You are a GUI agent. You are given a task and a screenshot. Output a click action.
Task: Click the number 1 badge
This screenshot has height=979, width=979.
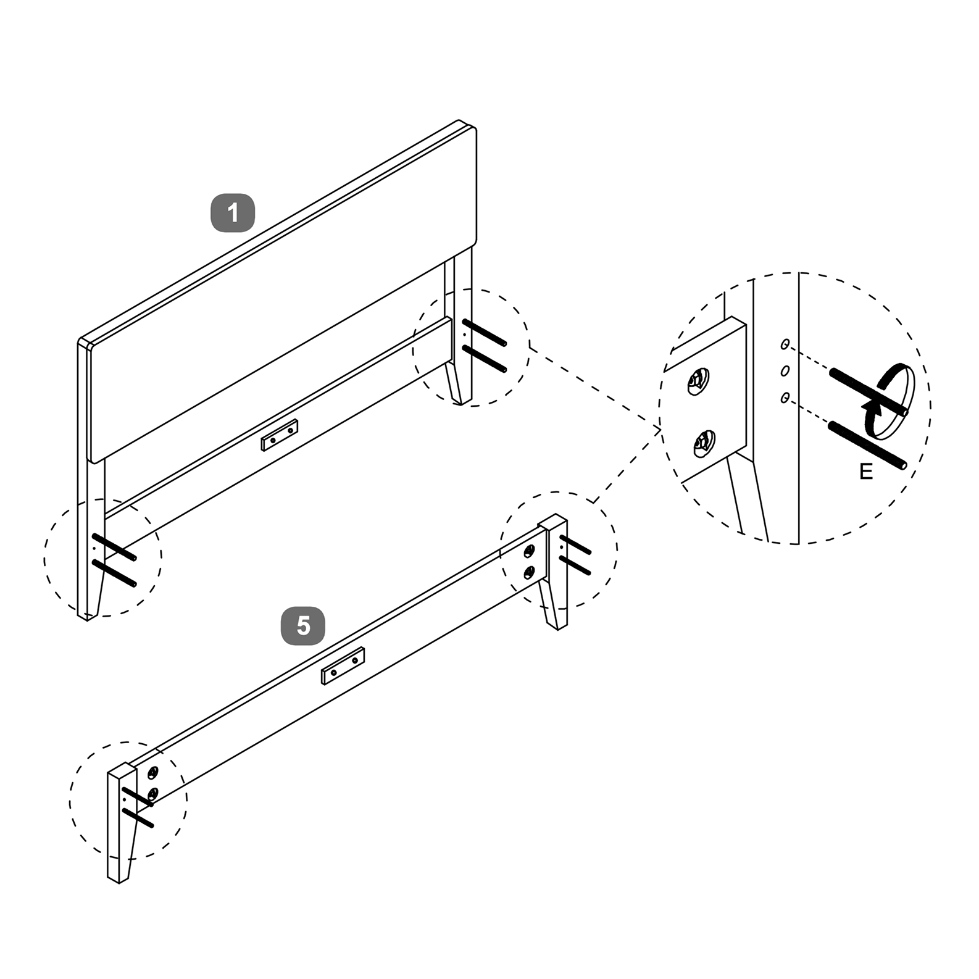(x=233, y=214)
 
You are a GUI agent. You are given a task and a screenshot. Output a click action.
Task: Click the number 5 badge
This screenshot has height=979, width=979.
(x=303, y=626)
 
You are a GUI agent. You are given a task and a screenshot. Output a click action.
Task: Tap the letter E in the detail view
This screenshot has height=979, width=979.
(x=866, y=472)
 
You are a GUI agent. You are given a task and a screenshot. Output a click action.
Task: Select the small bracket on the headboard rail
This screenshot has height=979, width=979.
(x=280, y=435)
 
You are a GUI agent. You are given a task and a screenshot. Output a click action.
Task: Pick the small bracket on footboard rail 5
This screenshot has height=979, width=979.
(x=343, y=666)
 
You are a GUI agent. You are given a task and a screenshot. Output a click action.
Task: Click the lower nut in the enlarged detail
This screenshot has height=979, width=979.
(x=703, y=444)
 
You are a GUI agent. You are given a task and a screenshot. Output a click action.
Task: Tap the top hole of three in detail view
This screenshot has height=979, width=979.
(x=785, y=344)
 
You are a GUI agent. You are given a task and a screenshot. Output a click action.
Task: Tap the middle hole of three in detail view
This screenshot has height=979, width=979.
(x=785, y=371)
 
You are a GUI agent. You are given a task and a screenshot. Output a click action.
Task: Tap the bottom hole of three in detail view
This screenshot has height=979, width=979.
(x=785, y=398)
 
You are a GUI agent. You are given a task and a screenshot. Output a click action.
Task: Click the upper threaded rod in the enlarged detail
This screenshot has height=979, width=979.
(x=869, y=391)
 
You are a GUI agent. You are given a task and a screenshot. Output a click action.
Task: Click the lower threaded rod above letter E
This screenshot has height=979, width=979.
(x=867, y=444)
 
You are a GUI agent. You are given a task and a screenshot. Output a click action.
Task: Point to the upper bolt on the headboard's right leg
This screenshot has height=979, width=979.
(x=485, y=332)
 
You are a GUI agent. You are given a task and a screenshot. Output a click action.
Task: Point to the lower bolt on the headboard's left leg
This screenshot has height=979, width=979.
(x=114, y=573)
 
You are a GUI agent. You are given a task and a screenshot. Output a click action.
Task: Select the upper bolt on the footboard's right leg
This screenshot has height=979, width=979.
(x=575, y=545)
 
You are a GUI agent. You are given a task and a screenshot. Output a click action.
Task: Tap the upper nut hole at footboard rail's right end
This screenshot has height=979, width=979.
(x=529, y=551)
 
